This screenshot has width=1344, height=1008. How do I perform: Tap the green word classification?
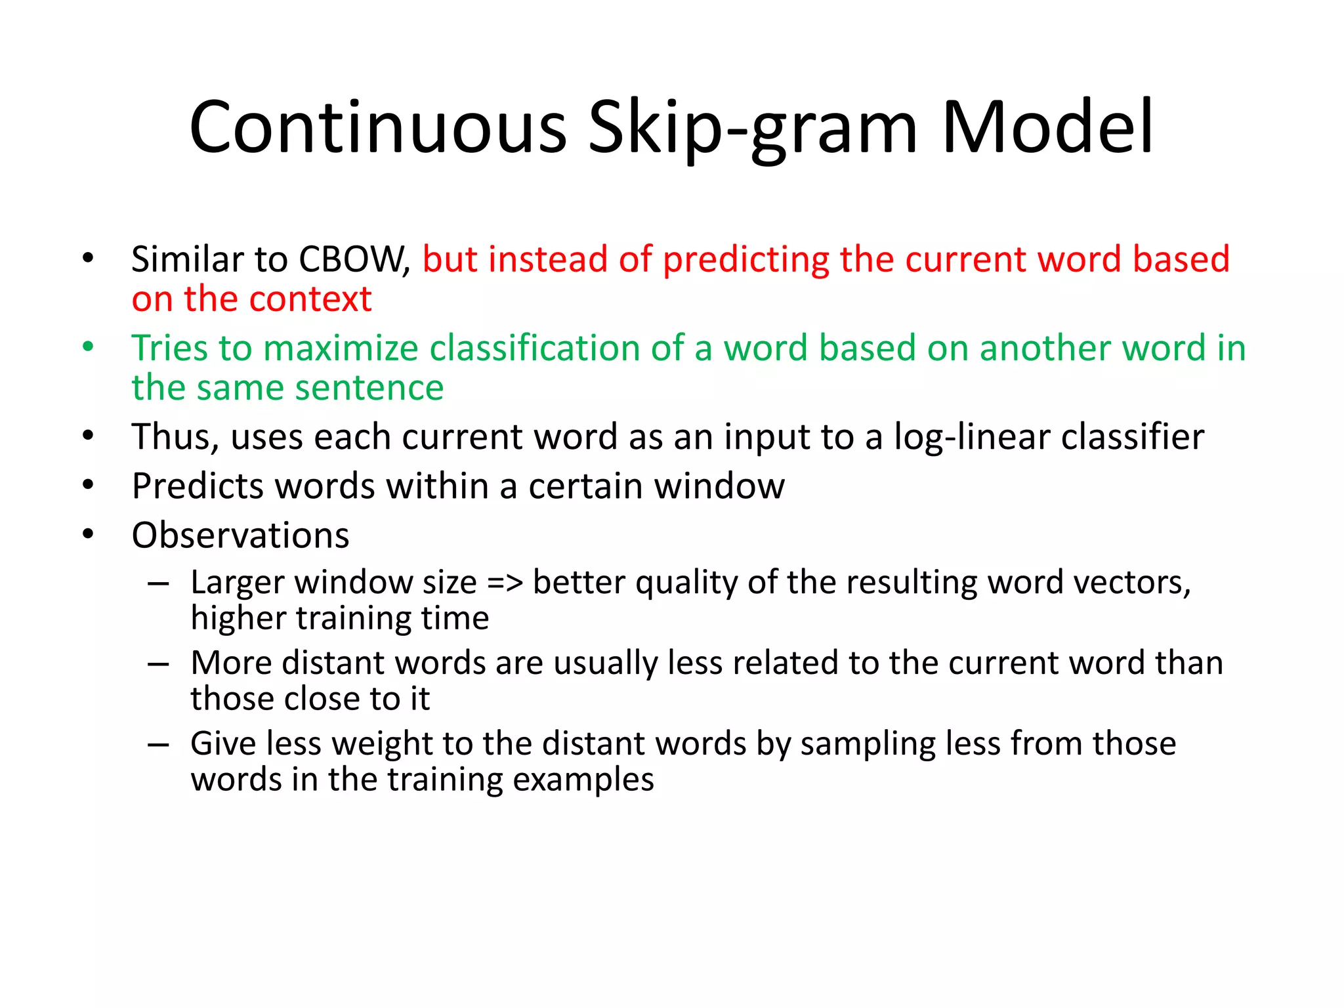(534, 348)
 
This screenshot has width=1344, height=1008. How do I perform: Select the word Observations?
(240, 535)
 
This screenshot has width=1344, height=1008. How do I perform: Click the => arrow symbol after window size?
(505, 583)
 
